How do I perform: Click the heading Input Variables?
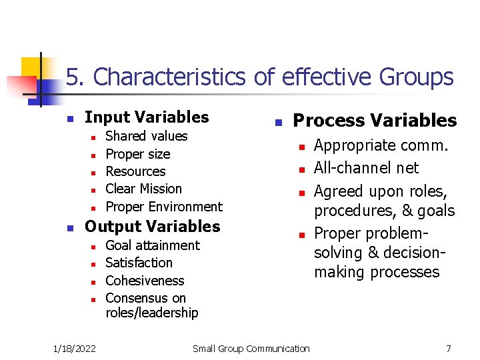point(147,117)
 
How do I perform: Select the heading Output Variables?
point(152,227)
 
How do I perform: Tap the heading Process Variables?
point(375,121)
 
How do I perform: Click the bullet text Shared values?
point(147,136)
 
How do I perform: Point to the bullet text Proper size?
point(138,154)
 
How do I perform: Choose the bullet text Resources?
point(135,171)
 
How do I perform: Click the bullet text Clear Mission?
point(143,189)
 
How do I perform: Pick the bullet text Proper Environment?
point(164,207)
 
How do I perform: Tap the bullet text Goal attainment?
point(153,245)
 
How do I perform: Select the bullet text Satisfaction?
point(139,263)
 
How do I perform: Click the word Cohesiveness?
point(145,281)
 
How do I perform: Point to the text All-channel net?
point(366,168)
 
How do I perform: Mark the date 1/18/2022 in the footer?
point(74,348)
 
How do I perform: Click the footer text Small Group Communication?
point(251,348)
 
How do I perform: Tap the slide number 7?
point(449,348)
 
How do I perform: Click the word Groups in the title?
point(416,78)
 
